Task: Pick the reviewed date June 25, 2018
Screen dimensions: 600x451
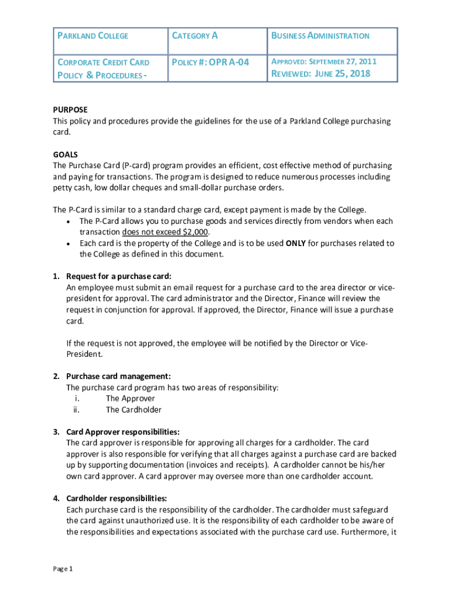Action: click(321, 74)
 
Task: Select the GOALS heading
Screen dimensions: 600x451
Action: click(65, 154)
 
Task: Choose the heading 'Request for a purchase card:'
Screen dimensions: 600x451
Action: click(119, 277)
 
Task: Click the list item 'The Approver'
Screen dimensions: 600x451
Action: click(130, 398)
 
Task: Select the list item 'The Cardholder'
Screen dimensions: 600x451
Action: click(134, 410)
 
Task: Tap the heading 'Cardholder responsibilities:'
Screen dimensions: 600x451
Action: click(117, 499)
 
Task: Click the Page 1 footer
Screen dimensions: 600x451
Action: click(63, 569)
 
